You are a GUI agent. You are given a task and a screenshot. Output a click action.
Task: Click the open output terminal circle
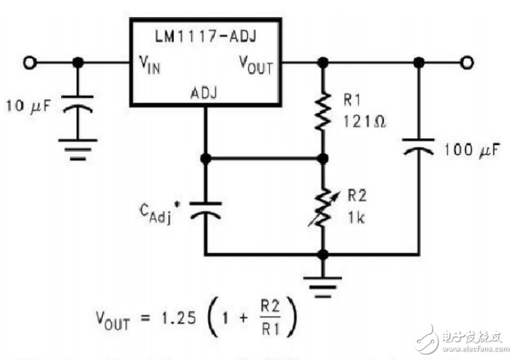pos(467,63)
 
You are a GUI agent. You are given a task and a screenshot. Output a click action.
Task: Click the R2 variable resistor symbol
pos(321,207)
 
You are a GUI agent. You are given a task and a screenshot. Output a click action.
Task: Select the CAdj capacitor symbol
pos(205,210)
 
